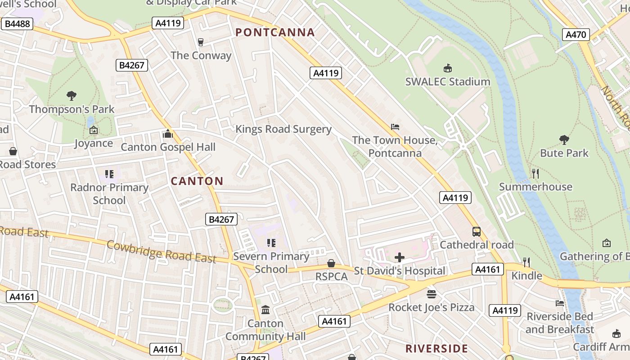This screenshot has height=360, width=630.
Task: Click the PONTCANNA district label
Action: pyautogui.click(x=275, y=32)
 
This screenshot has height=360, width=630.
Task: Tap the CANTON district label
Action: pyautogui.click(x=197, y=181)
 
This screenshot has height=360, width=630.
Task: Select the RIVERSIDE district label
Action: pyautogui.click(x=436, y=349)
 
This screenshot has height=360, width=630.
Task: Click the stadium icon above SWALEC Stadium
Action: pyautogui.click(x=447, y=68)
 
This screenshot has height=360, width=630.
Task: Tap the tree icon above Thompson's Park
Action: pyautogui.click(x=71, y=95)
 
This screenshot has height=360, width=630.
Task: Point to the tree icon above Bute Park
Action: pyautogui.click(x=563, y=139)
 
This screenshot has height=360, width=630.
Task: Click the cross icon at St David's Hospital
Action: pyautogui.click(x=399, y=257)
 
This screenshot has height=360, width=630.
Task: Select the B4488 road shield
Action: pyautogui.click(x=17, y=24)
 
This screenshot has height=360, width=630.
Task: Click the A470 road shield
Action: pyautogui.click(x=576, y=34)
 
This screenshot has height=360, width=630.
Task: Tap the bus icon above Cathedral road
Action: pyautogui.click(x=476, y=232)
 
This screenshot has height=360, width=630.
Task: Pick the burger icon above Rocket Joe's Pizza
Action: pyautogui.click(x=431, y=294)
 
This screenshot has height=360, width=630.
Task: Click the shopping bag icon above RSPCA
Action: pyautogui.click(x=331, y=263)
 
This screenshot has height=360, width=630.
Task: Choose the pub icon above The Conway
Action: pyautogui.click(x=201, y=42)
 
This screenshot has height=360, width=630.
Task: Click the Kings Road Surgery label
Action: pyautogui.click(x=283, y=130)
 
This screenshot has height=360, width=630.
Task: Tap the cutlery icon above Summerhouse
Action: pyautogui.click(x=535, y=173)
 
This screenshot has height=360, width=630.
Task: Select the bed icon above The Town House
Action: pyautogui.click(x=395, y=127)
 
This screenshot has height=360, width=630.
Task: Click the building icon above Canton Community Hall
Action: pyautogui.click(x=265, y=310)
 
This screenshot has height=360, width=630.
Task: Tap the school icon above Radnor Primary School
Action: pyautogui.click(x=109, y=174)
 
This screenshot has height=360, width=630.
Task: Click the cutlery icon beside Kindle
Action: pyautogui.click(x=526, y=262)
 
